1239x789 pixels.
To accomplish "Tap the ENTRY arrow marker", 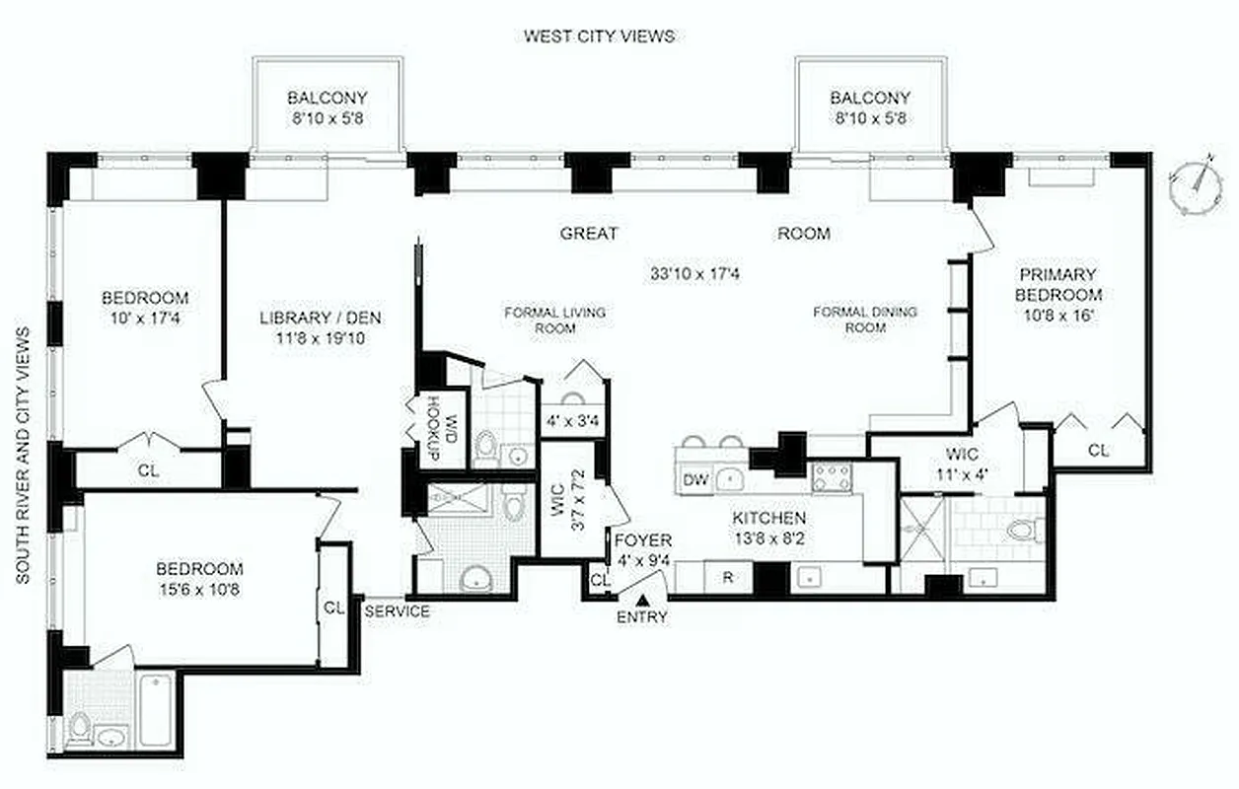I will coord(643,599).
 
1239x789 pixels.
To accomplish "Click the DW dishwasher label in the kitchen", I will coord(694,480).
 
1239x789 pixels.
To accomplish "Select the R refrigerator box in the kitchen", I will coord(727,577).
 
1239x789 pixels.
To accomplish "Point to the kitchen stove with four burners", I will coord(832,478).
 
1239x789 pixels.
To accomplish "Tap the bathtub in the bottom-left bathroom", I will coord(155,708).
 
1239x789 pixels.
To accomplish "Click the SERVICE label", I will coord(398,611).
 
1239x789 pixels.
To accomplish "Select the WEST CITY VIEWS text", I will coord(599,36).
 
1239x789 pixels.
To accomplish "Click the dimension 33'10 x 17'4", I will coord(694,273).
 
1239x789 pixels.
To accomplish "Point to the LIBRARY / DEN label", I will coord(321,318).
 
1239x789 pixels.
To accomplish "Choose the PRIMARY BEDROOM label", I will coord(1058,284).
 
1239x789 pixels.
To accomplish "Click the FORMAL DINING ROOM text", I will coord(864,320).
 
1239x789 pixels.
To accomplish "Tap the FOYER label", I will coord(642,540).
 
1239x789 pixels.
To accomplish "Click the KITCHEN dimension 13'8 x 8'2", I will coord(768,538).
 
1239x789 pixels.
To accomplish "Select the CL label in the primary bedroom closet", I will coord(1098,451).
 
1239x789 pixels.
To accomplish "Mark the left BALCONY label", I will coord(328,98).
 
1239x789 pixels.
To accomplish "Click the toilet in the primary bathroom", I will coord(1020,531).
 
